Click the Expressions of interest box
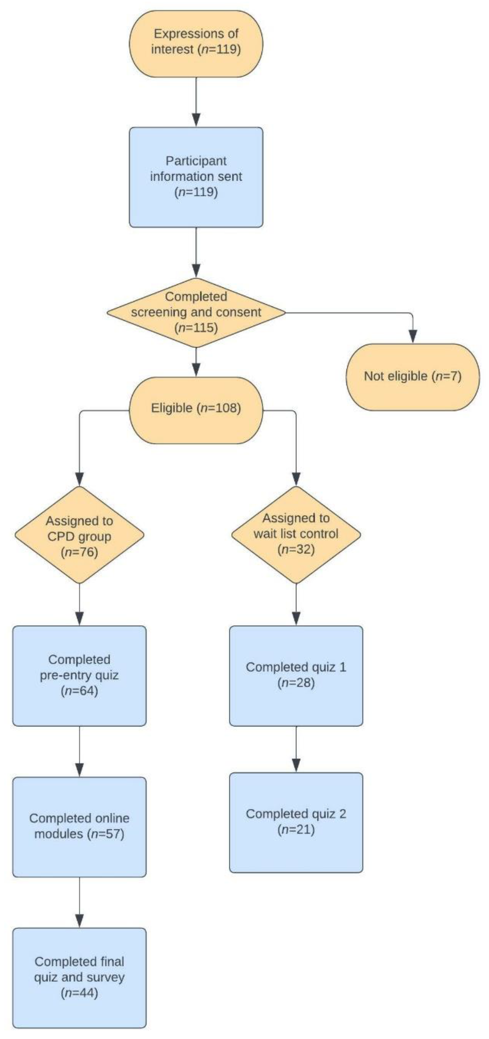coord(196,43)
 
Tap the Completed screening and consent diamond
coord(196,313)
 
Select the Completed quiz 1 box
coord(296,675)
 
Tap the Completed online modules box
coord(79,827)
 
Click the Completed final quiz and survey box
coord(79,978)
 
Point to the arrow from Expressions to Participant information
coord(196,101)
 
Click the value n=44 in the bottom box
coord(79,993)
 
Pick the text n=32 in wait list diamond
coord(296,549)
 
